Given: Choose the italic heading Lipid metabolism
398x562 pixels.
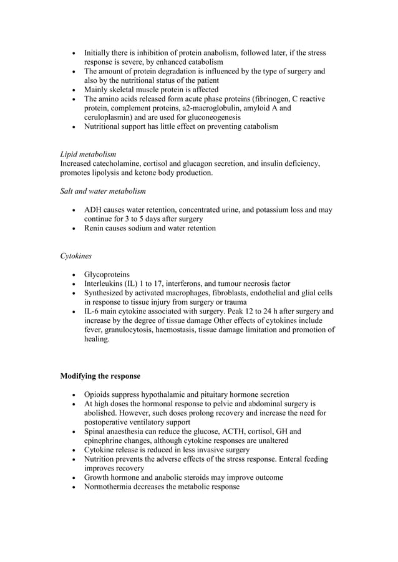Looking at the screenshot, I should click(x=88, y=154).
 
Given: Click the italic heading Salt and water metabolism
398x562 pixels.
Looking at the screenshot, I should click(x=103, y=191).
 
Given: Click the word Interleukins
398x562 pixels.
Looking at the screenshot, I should click(x=106, y=283).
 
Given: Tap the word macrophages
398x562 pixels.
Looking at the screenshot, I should click(x=198, y=293).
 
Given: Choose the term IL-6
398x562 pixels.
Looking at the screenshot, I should click(x=94, y=312).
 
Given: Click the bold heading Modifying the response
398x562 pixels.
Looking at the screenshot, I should click(x=100, y=376).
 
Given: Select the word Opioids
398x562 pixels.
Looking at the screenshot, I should click(x=99, y=394).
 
